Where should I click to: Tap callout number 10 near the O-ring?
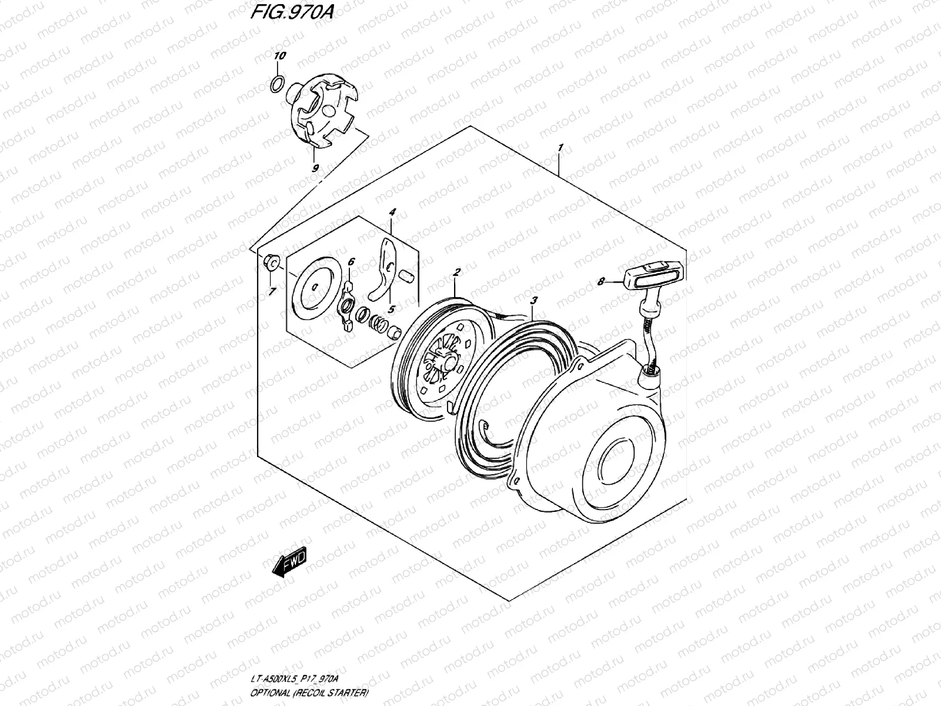(280, 56)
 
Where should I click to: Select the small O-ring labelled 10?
(279, 84)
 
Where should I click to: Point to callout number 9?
(316, 168)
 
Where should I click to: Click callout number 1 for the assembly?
(561, 147)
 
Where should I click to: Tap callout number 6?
(351, 262)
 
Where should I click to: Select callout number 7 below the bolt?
(271, 292)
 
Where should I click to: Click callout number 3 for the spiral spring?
(533, 301)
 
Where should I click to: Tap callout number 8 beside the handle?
(601, 282)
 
